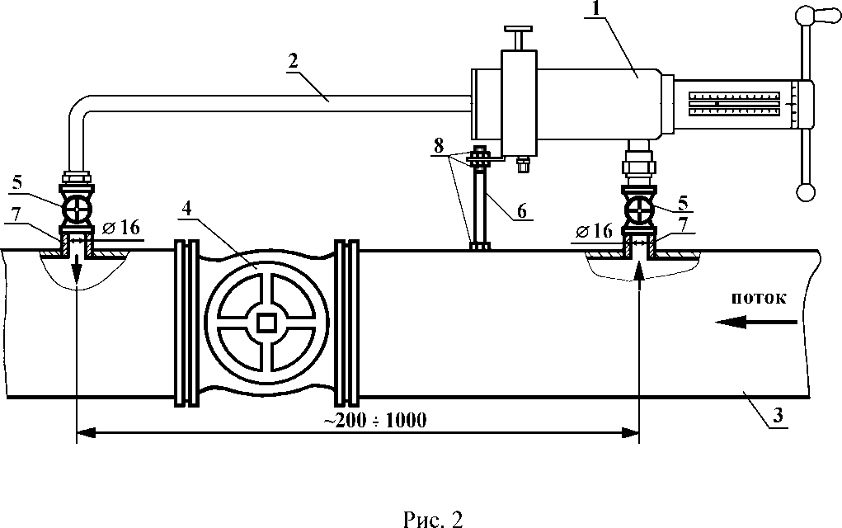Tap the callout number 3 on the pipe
(778, 415)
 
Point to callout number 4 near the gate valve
(186, 209)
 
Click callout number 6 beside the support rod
(521, 210)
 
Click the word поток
(759, 298)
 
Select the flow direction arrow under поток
(756, 323)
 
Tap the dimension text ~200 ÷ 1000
(375, 420)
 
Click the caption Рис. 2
(433, 518)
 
